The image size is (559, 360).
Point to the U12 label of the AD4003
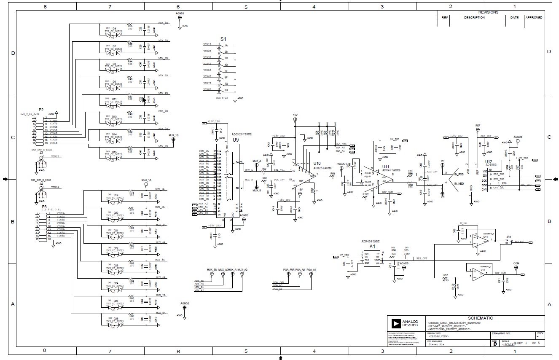488,161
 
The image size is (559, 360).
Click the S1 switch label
223,39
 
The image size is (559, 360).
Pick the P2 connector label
41,110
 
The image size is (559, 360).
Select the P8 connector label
44,207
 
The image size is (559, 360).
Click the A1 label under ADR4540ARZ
372,247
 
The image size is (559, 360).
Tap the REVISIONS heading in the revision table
488,13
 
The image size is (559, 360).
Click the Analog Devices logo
396,323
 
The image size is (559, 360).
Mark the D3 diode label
114,28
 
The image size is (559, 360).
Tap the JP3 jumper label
508,237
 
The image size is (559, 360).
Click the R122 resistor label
365,194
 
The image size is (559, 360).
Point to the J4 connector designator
41,184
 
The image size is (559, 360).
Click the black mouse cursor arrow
144,100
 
